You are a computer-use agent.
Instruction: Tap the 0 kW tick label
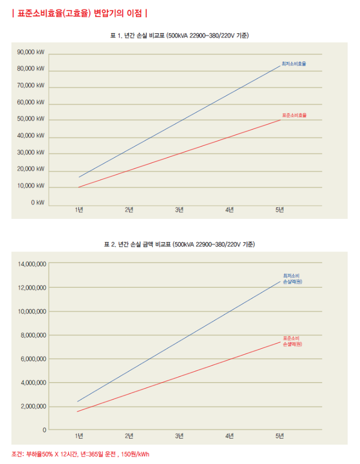(x=37, y=202)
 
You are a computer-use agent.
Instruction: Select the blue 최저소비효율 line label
(x=294, y=64)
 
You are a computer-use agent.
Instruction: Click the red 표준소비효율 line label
(x=294, y=115)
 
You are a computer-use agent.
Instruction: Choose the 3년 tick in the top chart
(x=179, y=210)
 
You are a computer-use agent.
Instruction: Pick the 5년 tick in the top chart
(x=280, y=210)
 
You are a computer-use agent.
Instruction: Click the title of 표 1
(x=179, y=36)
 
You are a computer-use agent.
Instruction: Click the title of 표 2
(x=179, y=245)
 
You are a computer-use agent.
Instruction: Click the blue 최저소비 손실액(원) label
(x=292, y=278)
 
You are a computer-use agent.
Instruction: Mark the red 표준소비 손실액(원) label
(x=292, y=341)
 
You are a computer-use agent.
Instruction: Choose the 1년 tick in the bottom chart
(x=79, y=436)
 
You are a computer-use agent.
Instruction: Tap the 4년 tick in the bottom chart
(x=229, y=436)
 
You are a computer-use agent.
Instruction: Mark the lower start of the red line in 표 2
(x=77, y=411)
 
